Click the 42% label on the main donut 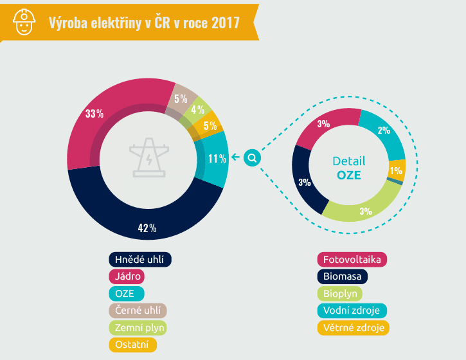pos(147,228)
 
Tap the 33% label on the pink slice pos(94,114)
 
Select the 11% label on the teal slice pos(217,158)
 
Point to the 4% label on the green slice pos(197,109)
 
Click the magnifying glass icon pos(253,157)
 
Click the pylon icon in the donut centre pos(148,157)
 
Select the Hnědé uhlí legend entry pos(140,260)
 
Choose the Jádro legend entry pos(127,277)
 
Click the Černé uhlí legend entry pos(138,310)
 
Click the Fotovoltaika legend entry pos(352,260)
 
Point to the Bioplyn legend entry pos(342,294)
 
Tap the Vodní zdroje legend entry pos(351,310)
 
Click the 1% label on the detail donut pos(396,171)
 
